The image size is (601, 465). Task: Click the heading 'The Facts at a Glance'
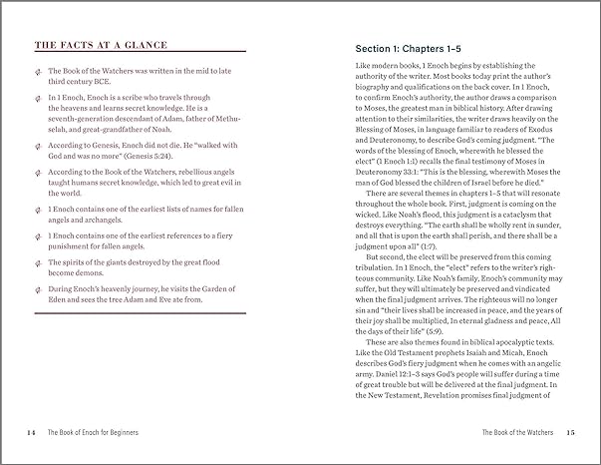95,44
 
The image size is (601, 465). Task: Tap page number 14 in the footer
32,432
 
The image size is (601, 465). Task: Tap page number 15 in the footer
570,432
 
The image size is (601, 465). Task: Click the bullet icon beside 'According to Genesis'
38,146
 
